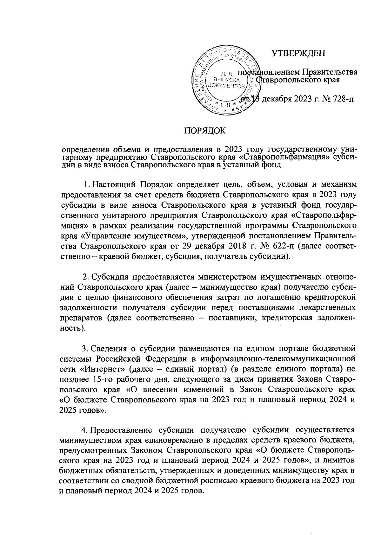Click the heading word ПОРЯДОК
tap(205, 130)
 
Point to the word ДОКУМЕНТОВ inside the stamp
tap(226, 86)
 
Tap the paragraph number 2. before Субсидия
tap(85, 277)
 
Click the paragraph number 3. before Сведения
tap(85, 349)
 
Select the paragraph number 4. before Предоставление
tap(85, 430)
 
